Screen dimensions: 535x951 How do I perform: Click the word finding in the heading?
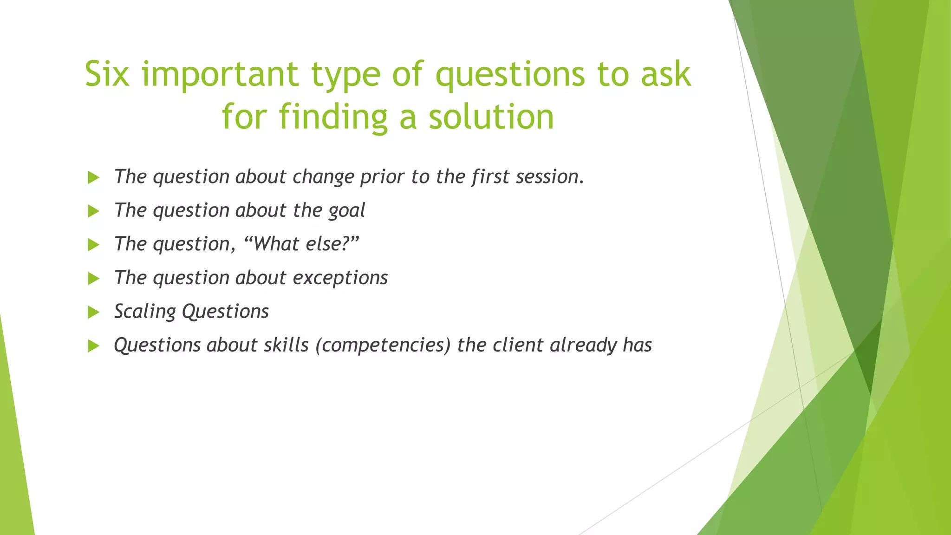[x=333, y=117]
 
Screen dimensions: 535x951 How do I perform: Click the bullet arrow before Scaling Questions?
[x=94, y=312]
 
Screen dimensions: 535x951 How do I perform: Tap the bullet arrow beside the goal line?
[x=94, y=211]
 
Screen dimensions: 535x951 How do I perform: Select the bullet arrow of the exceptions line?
[x=94, y=279]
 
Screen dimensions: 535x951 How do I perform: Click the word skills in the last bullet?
[x=286, y=345]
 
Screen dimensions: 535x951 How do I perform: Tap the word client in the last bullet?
[x=518, y=345]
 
